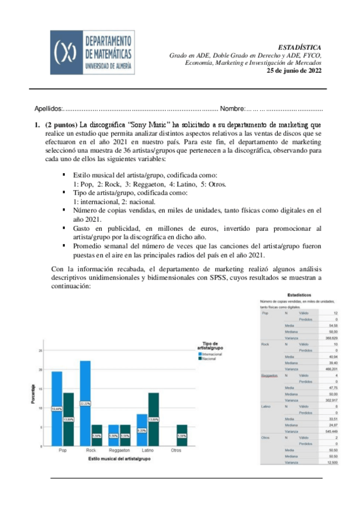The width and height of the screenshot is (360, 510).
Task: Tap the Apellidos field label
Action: pyautogui.click(x=48, y=109)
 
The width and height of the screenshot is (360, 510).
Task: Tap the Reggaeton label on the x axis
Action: pyautogui.click(x=119, y=450)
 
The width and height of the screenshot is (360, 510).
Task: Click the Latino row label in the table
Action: pyautogui.click(x=266, y=407)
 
